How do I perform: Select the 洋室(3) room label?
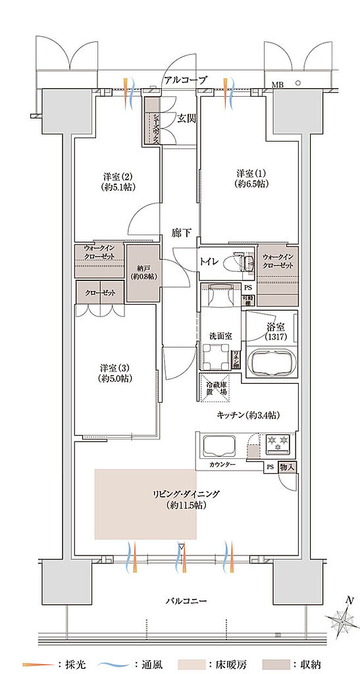pos(115,373)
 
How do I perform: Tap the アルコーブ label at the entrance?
pos(185,80)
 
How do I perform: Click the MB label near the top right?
pos(278,84)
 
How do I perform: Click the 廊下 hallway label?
pos(182,232)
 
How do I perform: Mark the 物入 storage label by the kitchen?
pos(288,467)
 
